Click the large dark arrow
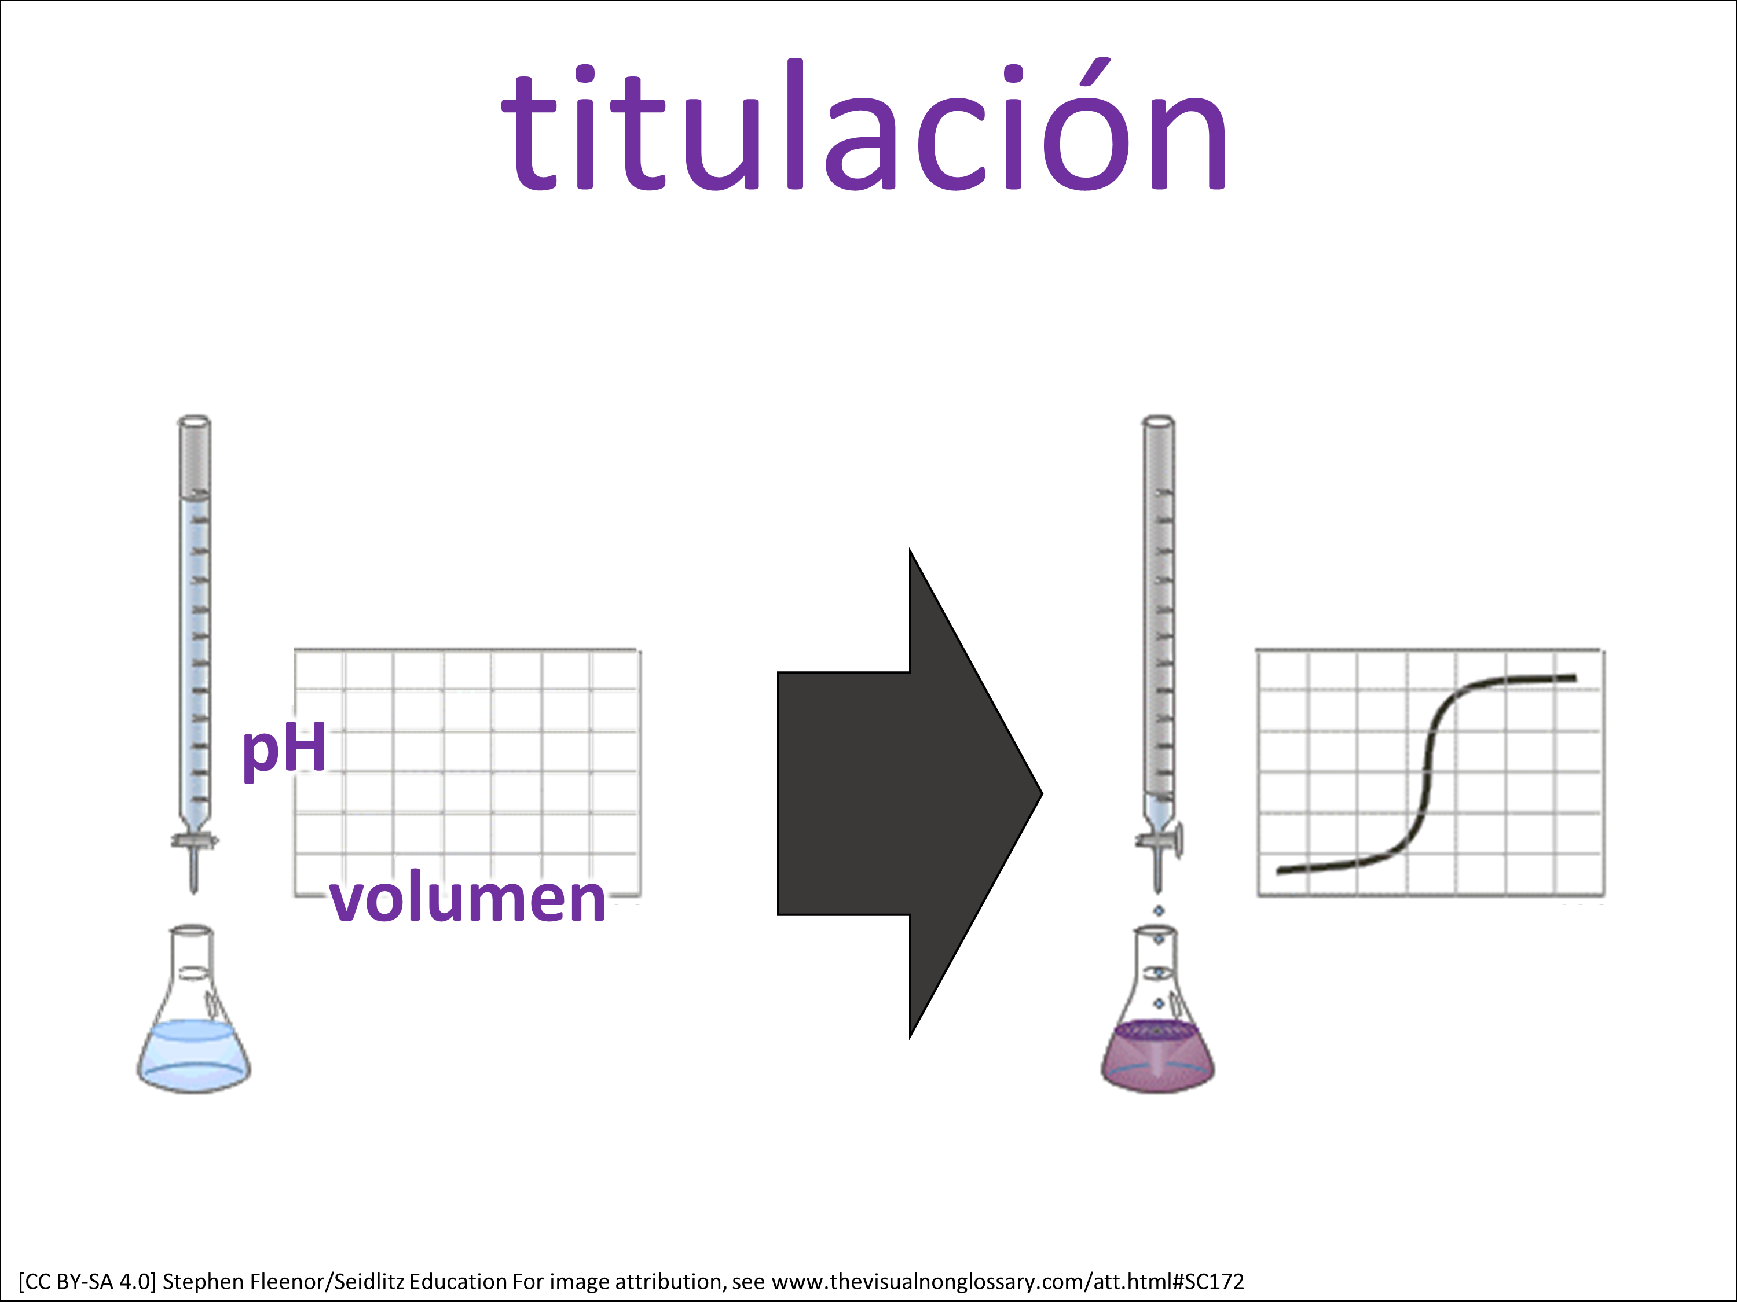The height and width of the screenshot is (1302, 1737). (x=910, y=793)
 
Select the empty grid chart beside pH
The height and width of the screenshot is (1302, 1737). (x=467, y=773)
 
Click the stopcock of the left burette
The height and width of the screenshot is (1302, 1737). (x=194, y=841)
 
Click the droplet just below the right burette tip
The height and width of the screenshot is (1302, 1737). (x=1158, y=910)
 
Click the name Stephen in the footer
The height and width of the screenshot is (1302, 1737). (x=203, y=1282)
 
